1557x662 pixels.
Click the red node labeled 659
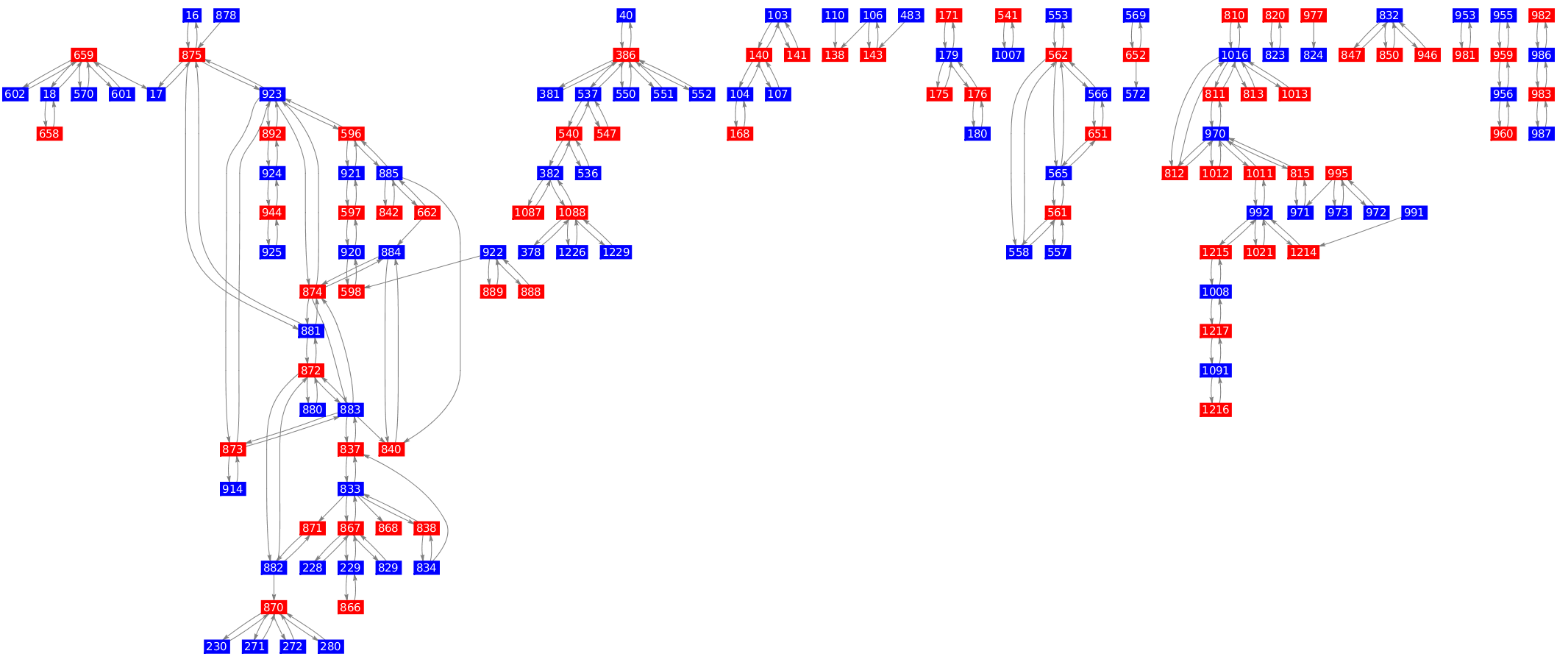[x=84, y=55]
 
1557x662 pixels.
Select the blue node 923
[x=272, y=94]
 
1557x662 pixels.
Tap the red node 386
[x=626, y=55]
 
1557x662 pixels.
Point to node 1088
[x=571, y=213]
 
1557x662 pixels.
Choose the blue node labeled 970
[x=1216, y=134]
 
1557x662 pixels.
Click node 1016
[x=1234, y=55]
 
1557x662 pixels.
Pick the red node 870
[x=274, y=608]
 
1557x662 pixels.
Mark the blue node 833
[x=351, y=489]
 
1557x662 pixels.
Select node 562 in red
[x=1058, y=55]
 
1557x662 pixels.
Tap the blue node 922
[x=493, y=252]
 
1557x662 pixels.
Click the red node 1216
[x=1215, y=410]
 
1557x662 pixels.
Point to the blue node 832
[x=1389, y=15]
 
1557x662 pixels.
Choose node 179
[x=949, y=55]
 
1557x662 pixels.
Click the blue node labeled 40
[x=626, y=15]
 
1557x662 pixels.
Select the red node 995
[x=1338, y=174]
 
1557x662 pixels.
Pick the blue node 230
[x=216, y=647]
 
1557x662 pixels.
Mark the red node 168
[x=740, y=134]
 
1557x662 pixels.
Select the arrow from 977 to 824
[x=1314, y=35]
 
